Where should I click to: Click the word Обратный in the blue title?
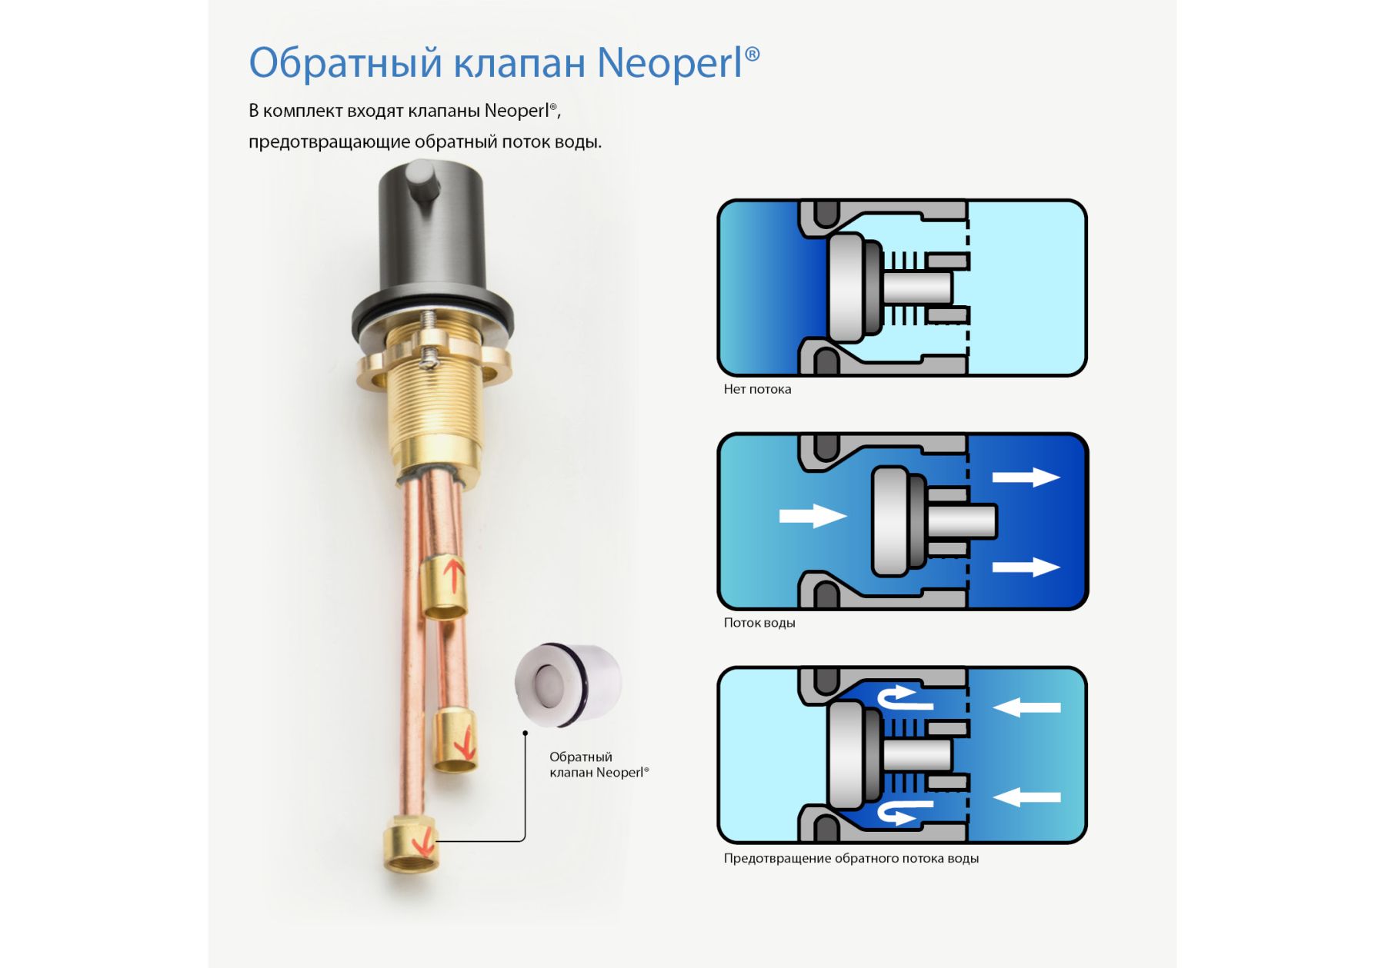pyautogui.click(x=345, y=63)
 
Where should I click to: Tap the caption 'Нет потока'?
pyautogui.click(x=757, y=389)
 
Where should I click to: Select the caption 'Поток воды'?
pyautogui.click(x=759, y=623)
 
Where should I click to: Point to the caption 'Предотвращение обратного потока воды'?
pyautogui.click(x=851, y=858)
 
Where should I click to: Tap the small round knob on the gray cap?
pyautogui.click(x=421, y=181)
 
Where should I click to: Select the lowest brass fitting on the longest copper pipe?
pyautogui.click(x=412, y=844)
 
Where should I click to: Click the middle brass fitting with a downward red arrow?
pyautogui.click(x=455, y=740)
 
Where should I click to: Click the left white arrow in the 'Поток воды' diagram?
pyautogui.click(x=813, y=515)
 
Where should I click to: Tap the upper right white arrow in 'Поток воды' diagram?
pyautogui.click(x=1026, y=477)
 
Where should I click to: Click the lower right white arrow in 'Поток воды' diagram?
pyautogui.click(x=1026, y=567)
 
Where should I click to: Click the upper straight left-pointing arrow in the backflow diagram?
pyautogui.click(x=1026, y=707)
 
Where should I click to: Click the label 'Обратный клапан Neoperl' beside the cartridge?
pyautogui.click(x=599, y=765)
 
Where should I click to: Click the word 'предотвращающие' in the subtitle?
pyautogui.click(x=329, y=142)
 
